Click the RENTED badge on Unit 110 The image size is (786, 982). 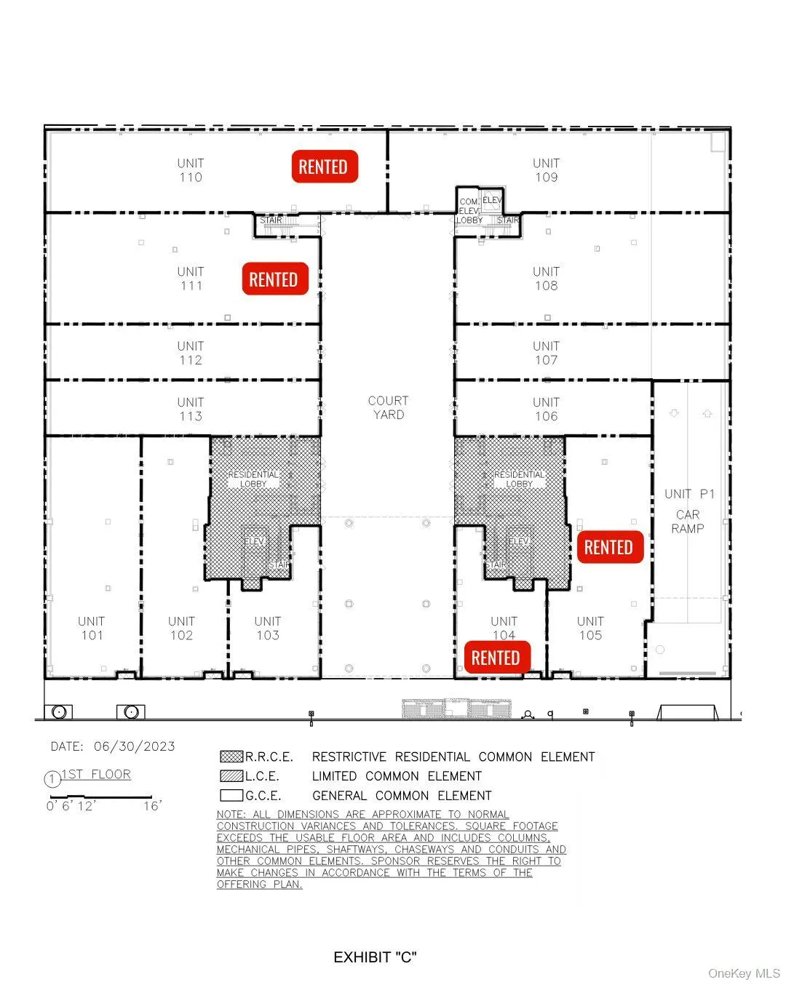pyautogui.click(x=324, y=167)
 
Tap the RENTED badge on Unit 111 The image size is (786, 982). pyautogui.click(x=274, y=279)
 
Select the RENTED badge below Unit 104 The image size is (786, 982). pyautogui.click(x=496, y=658)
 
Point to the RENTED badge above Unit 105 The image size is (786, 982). pyautogui.click(x=609, y=547)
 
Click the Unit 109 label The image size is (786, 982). pyautogui.click(x=546, y=170)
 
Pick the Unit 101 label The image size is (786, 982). pyautogui.click(x=92, y=628)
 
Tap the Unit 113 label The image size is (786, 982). pyautogui.click(x=191, y=409)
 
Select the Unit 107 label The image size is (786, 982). pyautogui.click(x=546, y=353)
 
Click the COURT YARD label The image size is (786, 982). pyautogui.click(x=388, y=407)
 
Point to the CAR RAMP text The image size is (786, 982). pyautogui.click(x=688, y=522)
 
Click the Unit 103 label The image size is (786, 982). pyautogui.click(x=268, y=628)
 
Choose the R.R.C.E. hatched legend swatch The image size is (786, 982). pyautogui.click(x=231, y=757)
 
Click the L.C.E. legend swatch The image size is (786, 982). pyautogui.click(x=231, y=776)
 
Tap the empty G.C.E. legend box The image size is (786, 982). pyautogui.click(x=231, y=795)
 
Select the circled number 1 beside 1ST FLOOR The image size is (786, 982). pyautogui.click(x=52, y=780)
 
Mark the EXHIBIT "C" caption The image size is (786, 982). pyautogui.click(x=375, y=957)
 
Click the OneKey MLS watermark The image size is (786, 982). pyautogui.click(x=744, y=973)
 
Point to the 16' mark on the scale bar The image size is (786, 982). pyautogui.click(x=152, y=805)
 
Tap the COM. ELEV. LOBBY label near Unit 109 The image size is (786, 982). pyautogui.click(x=469, y=211)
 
